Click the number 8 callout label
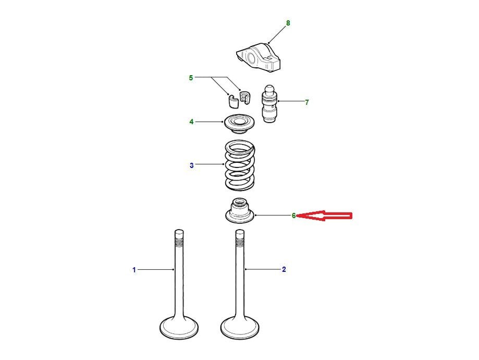point(288,23)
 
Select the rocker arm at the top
point(259,57)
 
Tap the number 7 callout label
point(306,102)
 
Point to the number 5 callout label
point(191,78)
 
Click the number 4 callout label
point(191,122)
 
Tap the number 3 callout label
point(191,165)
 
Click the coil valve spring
point(240,164)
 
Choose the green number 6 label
point(293,215)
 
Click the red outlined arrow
point(324,216)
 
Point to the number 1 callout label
point(134,270)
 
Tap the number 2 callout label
point(284,269)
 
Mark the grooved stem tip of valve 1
point(179,238)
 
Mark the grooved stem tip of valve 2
point(240,238)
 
